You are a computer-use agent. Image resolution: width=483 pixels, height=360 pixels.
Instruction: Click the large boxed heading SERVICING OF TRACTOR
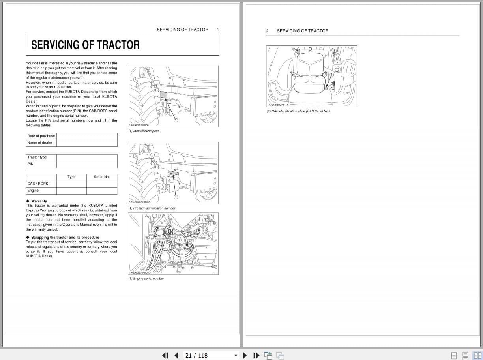85,45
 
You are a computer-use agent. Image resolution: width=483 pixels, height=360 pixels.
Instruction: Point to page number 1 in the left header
218,30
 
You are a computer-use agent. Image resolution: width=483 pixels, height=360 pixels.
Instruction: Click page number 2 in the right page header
267,31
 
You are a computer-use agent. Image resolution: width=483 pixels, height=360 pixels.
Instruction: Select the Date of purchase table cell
41,136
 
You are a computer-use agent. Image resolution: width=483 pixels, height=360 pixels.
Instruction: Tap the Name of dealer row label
39,143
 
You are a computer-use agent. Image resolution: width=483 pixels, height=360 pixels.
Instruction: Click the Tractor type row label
37,157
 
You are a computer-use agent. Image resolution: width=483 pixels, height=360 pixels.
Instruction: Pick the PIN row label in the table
30,164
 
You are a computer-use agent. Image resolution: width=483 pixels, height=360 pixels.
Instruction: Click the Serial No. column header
101,177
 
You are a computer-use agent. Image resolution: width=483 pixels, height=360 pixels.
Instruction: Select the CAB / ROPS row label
37,184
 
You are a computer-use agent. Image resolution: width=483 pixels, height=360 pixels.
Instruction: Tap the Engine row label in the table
33,191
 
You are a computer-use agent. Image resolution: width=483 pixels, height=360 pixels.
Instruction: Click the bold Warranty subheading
39,201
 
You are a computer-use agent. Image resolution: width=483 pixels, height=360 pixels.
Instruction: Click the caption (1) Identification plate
144,131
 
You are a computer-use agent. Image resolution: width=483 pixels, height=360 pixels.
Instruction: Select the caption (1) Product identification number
152,208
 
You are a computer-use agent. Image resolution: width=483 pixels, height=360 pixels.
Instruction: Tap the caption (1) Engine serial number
146,279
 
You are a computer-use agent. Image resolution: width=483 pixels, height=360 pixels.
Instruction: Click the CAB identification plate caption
298,111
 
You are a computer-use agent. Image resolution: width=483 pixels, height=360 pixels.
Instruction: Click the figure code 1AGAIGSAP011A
278,105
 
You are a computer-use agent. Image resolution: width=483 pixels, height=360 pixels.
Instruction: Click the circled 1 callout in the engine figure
155,251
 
